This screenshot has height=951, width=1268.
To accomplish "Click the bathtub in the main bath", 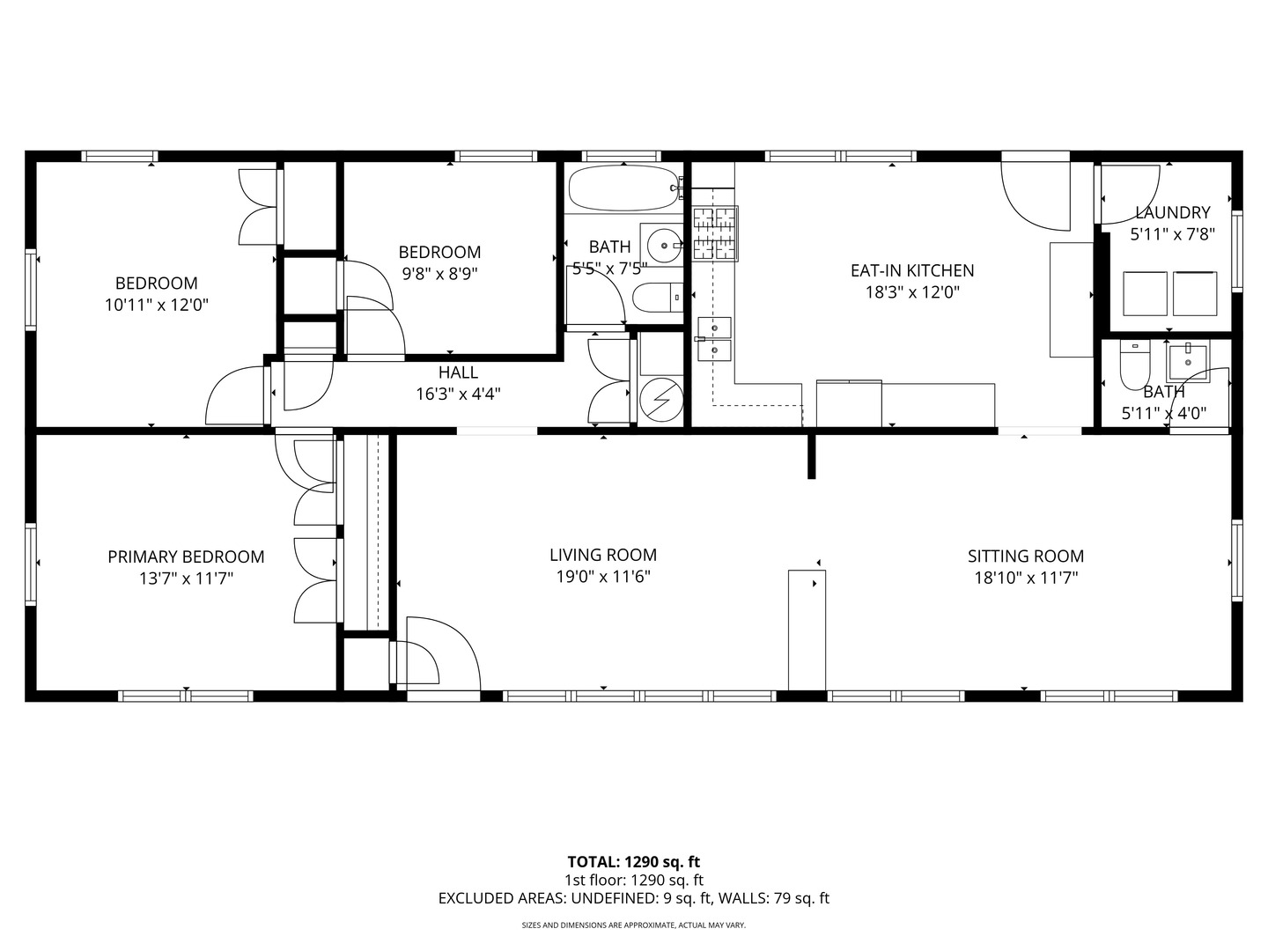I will tap(622, 188).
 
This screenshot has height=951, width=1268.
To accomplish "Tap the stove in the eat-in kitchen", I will tap(715, 234).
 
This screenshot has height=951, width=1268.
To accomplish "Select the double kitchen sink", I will tap(714, 339).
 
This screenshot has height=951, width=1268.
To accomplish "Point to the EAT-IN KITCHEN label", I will tap(911, 270).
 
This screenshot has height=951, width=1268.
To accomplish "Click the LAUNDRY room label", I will tap(1172, 212).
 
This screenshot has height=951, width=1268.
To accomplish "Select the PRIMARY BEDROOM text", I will tap(186, 557).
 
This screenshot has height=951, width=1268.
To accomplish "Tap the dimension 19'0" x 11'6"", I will tap(603, 578).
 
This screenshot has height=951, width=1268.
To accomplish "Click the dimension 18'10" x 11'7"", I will tap(1025, 579).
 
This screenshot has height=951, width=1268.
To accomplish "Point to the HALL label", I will tap(458, 372).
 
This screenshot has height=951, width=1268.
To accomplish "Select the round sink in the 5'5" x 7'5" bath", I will tap(663, 243).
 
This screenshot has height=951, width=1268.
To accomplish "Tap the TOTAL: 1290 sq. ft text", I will tap(634, 862).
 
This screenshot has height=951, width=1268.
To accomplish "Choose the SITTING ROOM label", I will tap(1025, 556).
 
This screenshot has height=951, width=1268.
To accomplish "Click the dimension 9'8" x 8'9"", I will tap(439, 274).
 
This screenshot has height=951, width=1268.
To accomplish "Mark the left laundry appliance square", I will tap(1145, 293).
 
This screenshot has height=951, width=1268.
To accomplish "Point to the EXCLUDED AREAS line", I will tap(634, 899).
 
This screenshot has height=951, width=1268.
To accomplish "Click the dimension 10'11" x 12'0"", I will tap(156, 306).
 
